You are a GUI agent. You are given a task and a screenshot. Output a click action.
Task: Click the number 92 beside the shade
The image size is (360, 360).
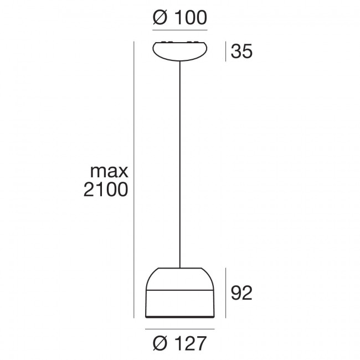coord(241,292)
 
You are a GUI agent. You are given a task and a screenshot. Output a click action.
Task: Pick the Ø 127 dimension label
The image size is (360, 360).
coord(179,343)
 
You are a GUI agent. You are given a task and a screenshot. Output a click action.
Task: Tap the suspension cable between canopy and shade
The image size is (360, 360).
coord(179,166)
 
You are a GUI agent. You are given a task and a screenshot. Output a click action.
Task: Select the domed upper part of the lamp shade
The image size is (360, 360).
coord(179,279)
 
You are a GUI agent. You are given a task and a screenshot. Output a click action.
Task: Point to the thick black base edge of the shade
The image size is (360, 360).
coord(179,318)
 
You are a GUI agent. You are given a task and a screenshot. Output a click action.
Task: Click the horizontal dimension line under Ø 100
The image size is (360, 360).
coord(179,29)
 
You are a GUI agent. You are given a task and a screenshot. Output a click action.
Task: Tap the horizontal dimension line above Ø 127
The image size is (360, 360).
coord(179,329)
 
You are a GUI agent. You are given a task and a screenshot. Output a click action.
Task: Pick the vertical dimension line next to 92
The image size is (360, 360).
coord(226,292)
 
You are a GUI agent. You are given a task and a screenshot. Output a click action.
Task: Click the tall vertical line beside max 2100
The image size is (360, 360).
coord(134,180)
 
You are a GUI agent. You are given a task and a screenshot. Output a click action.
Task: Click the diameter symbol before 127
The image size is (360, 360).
coord(158,343)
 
